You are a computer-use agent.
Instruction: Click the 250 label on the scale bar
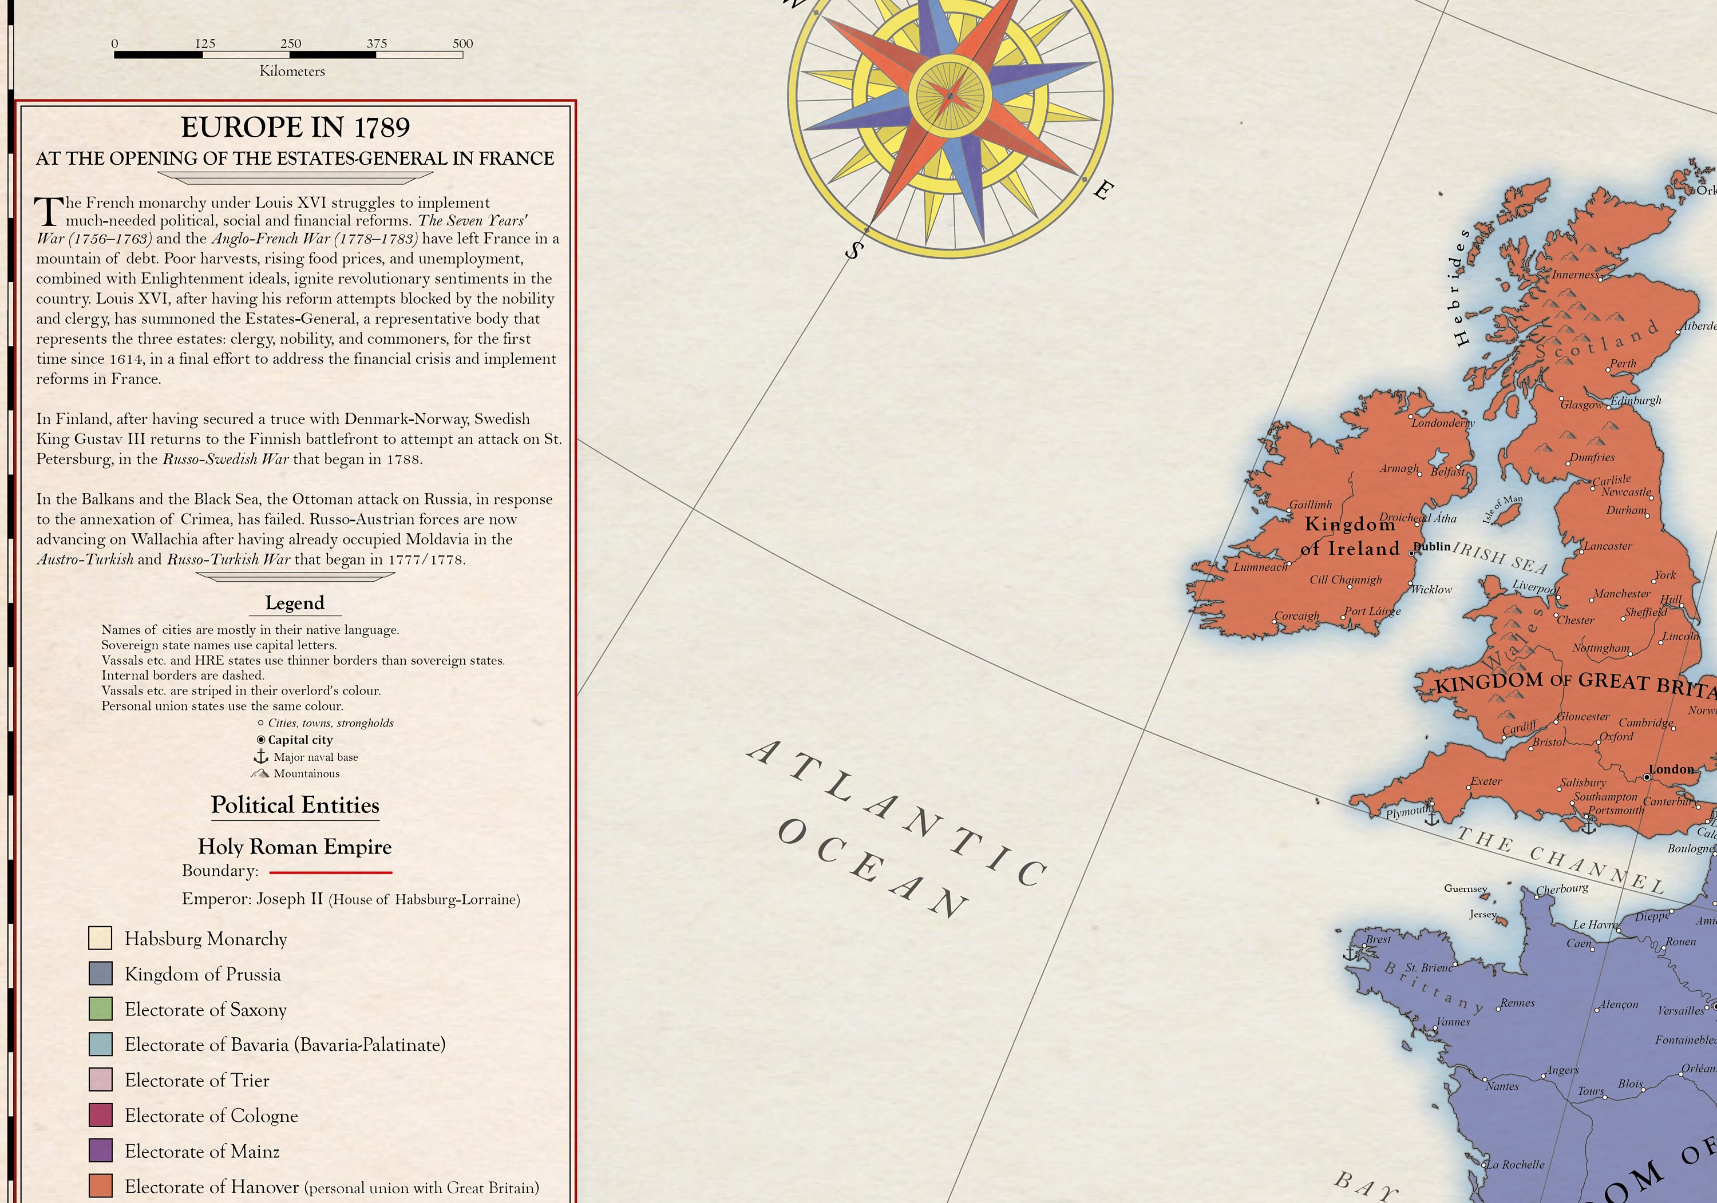[x=290, y=43]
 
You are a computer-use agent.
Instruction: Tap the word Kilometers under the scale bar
[x=292, y=71]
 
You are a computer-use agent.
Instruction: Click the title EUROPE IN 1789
[x=295, y=127]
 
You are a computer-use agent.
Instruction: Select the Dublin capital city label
[x=1433, y=546]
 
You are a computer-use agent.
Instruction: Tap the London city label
[x=1671, y=769]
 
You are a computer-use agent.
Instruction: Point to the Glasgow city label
[x=1581, y=404]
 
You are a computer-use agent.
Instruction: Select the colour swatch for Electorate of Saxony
[x=100, y=1009]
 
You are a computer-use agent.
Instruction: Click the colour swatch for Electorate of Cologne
[x=100, y=1115]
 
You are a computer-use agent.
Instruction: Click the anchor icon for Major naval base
[x=260, y=757]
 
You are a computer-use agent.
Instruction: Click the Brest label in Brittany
[x=1378, y=939]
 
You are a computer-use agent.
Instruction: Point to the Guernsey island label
[x=1465, y=888]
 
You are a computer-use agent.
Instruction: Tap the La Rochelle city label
[x=1515, y=1164]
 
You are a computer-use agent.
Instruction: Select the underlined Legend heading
[x=295, y=602]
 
